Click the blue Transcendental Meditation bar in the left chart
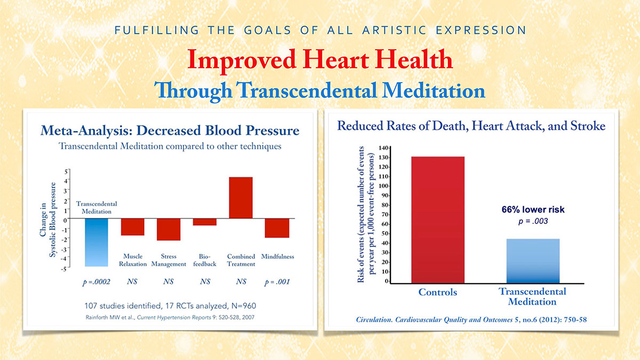click(96, 243)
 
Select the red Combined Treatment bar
click(241, 198)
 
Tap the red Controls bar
click(437, 219)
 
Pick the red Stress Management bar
click(169, 229)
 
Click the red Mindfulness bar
click(277, 228)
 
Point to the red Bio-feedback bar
click(204, 222)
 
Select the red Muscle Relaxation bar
click(132, 227)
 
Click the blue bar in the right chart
click(532, 260)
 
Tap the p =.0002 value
click(97, 282)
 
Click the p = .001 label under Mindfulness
click(277, 282)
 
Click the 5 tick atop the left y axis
click(66, 171)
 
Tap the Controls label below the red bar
click(437, 292)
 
